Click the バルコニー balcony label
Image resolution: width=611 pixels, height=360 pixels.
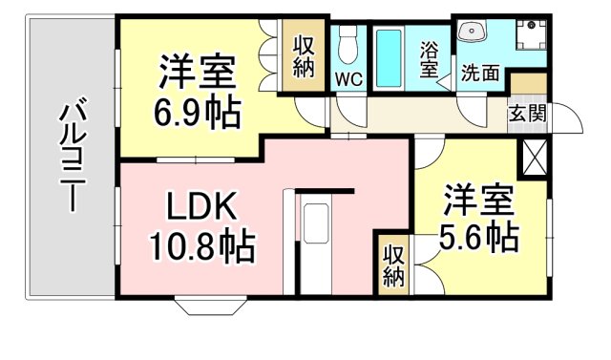click(x=71, y=159)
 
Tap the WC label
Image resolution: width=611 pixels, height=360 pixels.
click(x=348, y=80)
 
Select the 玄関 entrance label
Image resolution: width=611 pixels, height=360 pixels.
click(x=526, y=114)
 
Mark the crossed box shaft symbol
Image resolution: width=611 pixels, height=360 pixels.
click(x=533, y=156)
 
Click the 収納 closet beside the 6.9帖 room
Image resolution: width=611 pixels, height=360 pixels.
click(x=304, y=55)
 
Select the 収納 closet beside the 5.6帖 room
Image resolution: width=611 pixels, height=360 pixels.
click(x=392, y=265)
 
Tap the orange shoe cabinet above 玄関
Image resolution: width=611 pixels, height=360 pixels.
click(x=529, y=83)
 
